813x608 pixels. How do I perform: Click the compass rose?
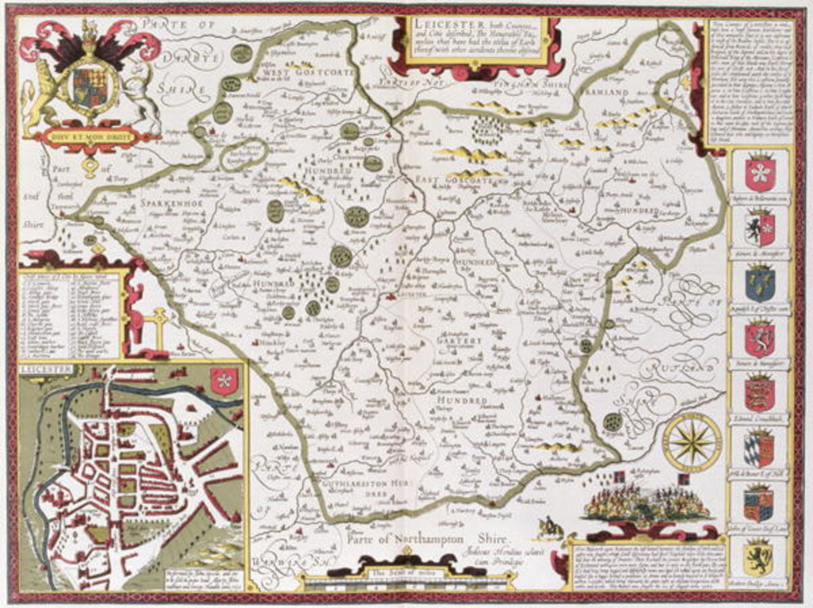tap(692, 442)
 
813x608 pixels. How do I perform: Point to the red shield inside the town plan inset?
tap(224, 381)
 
